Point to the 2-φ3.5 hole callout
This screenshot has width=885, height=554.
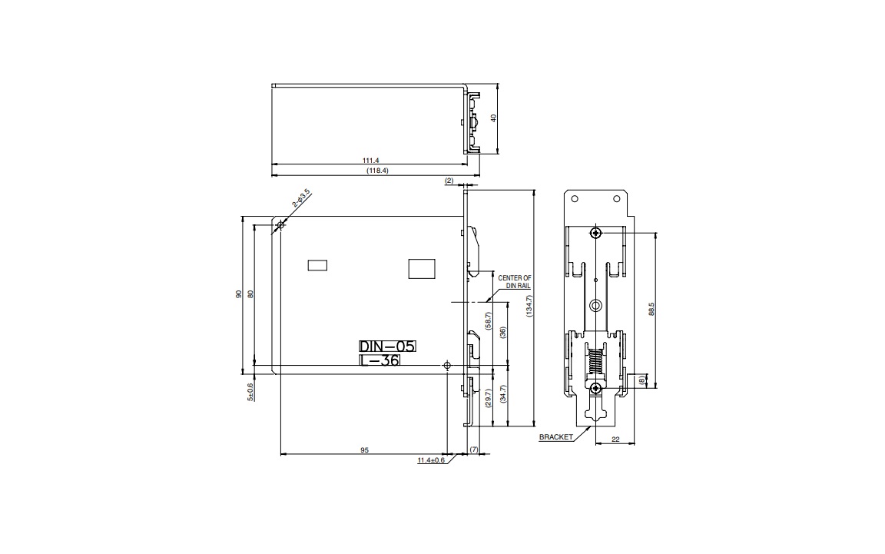[x=300, y=198]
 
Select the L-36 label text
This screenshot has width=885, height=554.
[x=380, y=360]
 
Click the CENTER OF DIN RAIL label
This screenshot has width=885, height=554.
[x=515, y=281]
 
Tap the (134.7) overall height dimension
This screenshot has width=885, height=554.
[x=529, y=307]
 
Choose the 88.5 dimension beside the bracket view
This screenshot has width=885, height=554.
[x=651, y=309]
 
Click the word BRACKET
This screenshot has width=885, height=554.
[x=555, y=436]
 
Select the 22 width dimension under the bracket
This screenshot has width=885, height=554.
[x=615, y=440]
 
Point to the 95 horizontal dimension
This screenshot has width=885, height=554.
[x=364, y=450]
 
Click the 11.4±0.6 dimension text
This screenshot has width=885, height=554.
[x=431, y=460]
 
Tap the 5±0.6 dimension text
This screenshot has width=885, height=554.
[x=250, y=391]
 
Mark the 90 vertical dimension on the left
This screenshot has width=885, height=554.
[x=239, y=294]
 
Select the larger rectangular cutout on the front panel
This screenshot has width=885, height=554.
[x=422, y=268]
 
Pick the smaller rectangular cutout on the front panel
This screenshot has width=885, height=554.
[x=317, y=265]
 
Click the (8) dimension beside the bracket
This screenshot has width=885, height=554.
[x=641, y=380]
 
